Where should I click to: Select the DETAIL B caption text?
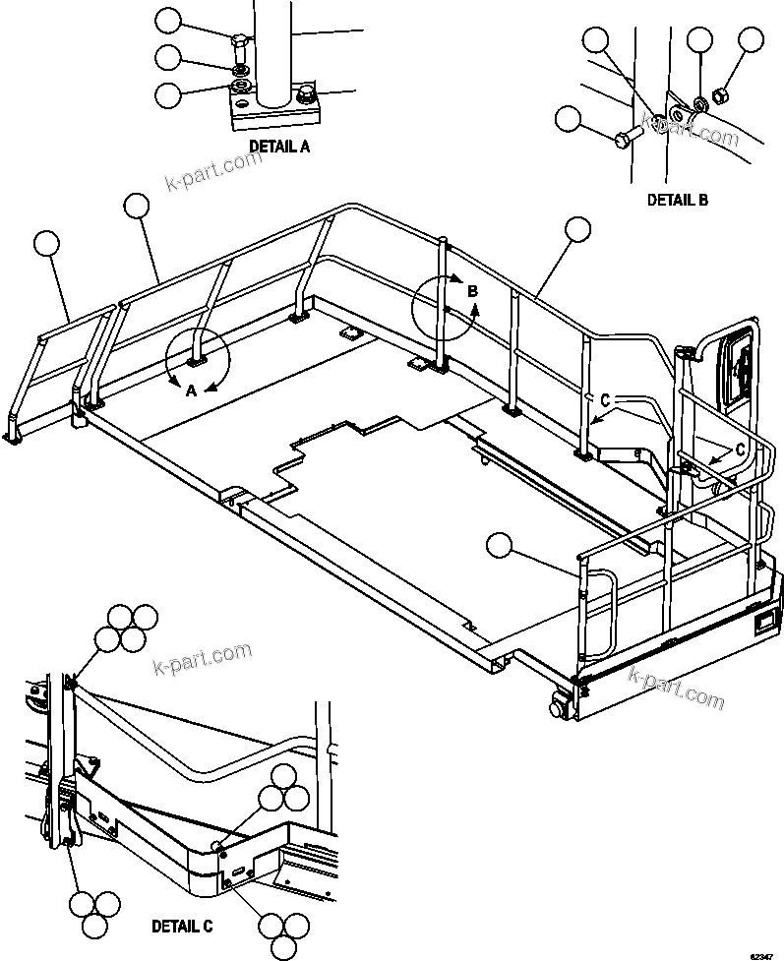pyautogui.click(x=677, y=200)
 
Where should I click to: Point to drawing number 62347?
pyautogui.click(x=761, y=953)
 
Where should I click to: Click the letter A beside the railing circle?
pyautogui.click(x=193, y=390)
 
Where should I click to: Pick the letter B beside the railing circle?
pyautogui.click(x=472, y=291)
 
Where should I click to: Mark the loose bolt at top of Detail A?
pyautogui.click(x=239, y=43)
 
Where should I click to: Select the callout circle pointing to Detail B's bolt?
pyautogui.click(x=569, y=119)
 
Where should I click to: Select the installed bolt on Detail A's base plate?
pyautogui.click(x=307, y=94)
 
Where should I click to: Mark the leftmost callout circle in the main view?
pyautogui.click(x=47, y=244)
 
